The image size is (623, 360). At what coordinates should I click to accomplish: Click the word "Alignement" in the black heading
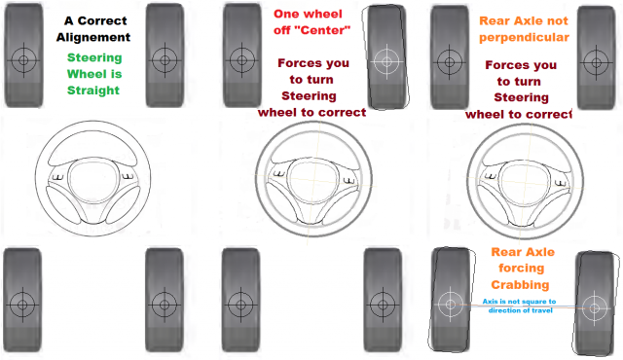pyautogui.click(x=93, y=37)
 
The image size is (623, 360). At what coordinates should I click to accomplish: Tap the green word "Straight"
pyautogui.click(x=93, y=90)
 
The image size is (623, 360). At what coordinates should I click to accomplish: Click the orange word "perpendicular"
pyautogui.click(x=524, y=38)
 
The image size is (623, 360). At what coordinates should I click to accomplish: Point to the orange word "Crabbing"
pyautogui.click(x=520, y=284)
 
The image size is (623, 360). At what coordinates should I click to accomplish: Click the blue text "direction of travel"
pyautogui.click(x=521, y=310)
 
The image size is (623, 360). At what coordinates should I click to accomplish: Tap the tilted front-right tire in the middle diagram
pyautogui.click(x=386, y=57)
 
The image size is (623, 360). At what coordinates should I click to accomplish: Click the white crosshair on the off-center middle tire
pyautogui.click(x=386, y=61)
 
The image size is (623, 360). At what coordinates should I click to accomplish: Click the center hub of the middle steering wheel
pyautogui.click(x=313, y=180)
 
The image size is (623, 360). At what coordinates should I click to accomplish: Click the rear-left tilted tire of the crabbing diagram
pyautogui.click(x=451, y=300)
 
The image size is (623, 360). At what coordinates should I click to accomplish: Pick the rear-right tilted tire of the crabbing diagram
pyautogui.click(x=595, y=304)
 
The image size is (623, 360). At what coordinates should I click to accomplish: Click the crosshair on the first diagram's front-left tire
pyautogui.click(x=23, y=60)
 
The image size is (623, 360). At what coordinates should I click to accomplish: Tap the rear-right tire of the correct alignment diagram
pyautogui.click(x=165, y=300)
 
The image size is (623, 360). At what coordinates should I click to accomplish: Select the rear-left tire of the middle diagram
pyautogui.click(x=240, y=300)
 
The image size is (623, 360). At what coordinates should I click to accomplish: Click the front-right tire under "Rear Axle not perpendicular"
pyautogui.click(x=597, y=57)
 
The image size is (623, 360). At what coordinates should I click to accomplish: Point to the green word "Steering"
pyautogui.click(x=94, y=58)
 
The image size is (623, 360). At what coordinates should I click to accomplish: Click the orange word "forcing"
pyautogui.click(x=522, y=269)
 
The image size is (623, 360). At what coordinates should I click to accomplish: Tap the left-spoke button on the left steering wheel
pyautogui.click(x=58, y=177)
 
